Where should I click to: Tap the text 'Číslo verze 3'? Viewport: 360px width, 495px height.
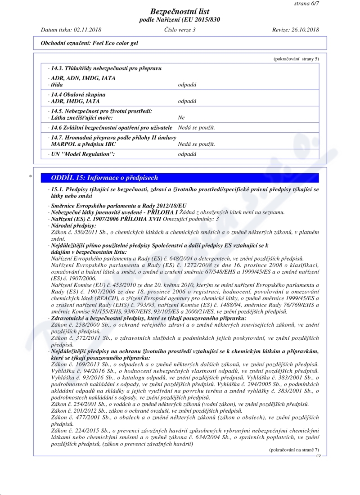pos(180,30)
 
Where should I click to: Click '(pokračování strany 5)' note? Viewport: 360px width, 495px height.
pos(296,59)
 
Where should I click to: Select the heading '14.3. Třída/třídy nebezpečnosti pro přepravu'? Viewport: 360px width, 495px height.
pos(106,68)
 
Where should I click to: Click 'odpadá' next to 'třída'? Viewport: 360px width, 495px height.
pos(187,85)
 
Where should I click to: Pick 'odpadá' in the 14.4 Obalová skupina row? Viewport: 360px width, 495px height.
pos(187,101)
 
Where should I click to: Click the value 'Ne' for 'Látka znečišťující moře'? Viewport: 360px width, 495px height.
pos(181,117)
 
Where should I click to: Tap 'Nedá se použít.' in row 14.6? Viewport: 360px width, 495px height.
pos(196,128)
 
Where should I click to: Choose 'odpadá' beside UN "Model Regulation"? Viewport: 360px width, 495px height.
pos(187,154)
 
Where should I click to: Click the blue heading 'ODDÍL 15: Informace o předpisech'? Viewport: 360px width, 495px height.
pos(104,178)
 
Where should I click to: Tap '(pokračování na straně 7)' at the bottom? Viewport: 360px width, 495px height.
pos(294,450)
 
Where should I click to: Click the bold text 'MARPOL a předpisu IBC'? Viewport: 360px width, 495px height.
pos(84,144)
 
